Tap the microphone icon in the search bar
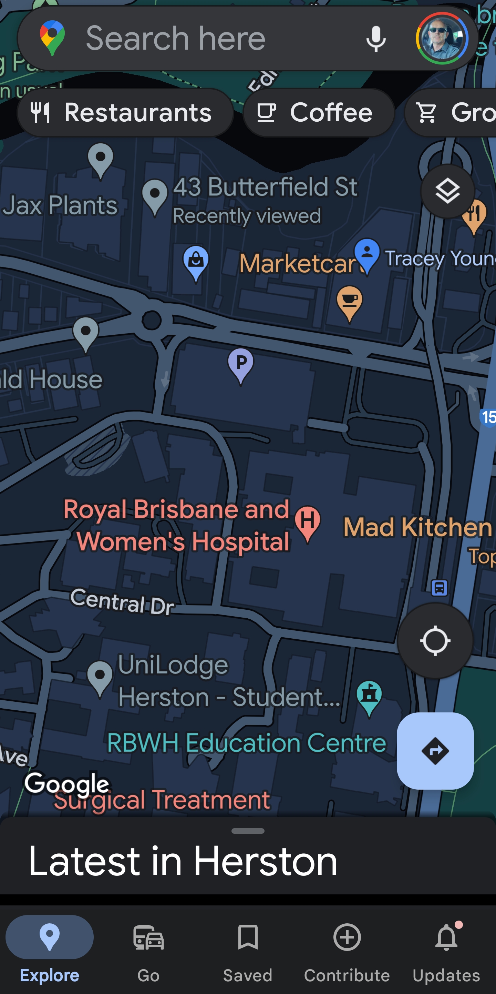point(376,39)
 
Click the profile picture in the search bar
point(442,39)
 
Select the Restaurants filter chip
point(125,113)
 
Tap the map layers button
point(447,191)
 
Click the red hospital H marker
point(307,522)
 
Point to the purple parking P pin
point(241,364)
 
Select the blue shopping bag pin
point(196,262)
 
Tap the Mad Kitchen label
point(417,527)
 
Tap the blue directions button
point(435,751)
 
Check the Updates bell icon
point(446,938)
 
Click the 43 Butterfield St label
point(265,187)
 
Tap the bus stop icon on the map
point(439,588)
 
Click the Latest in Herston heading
point(183,861)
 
